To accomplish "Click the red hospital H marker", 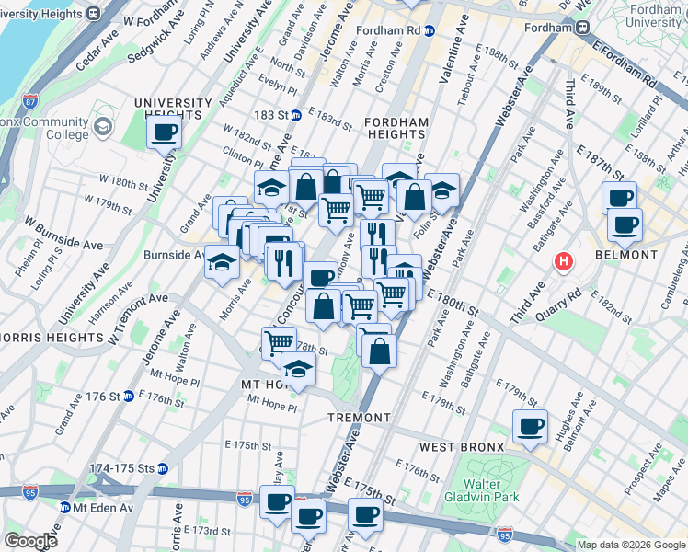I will [x=563, y=262].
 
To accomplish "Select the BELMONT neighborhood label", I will [x=626, y=255].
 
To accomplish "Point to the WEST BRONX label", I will [x=461, y=447].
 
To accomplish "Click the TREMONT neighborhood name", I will [x=360, y=418].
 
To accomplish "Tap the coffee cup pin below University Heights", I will [x=165, y=132].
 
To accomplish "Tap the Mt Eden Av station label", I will [x=97, y=507].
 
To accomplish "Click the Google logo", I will [x=30, y=541].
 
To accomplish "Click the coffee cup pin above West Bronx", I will [x=530, y=427].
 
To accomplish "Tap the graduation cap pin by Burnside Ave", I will [x=222, y=263].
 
